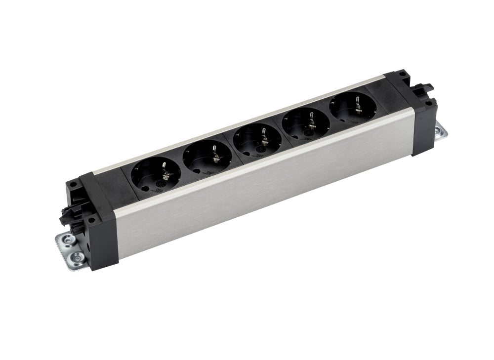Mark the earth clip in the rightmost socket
[357, 104]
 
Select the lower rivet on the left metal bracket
[77, 257]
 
